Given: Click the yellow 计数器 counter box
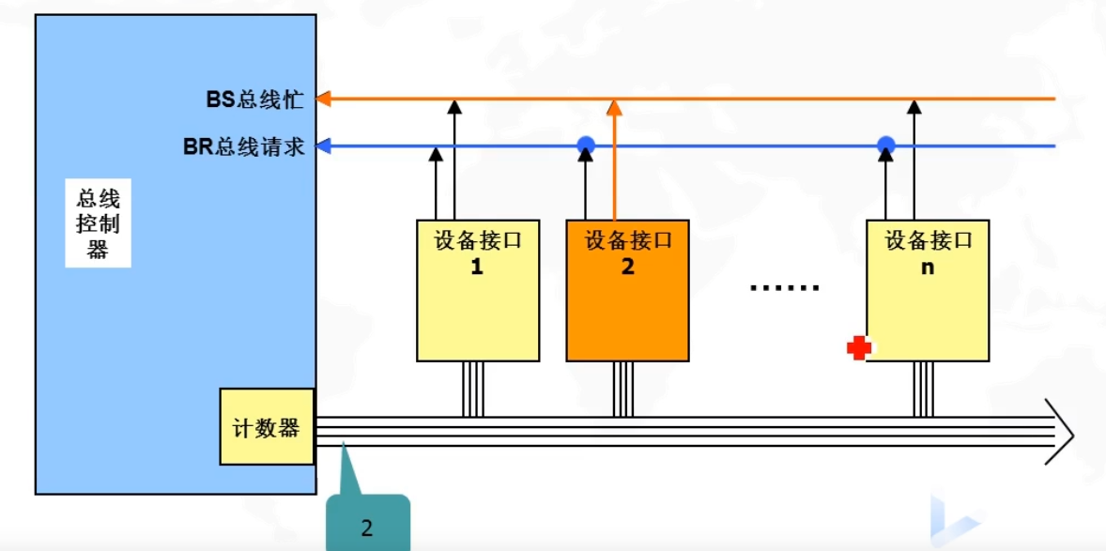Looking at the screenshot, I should click(x=267, y=427).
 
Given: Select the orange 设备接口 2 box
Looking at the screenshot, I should click(x=627, y=290).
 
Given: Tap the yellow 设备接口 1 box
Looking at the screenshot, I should click(x=477, y=290).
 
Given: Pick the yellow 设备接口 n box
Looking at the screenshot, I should click(x=927, y=290).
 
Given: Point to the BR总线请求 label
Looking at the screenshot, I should click(x=244, y=146).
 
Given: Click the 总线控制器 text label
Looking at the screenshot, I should click(x=98, y=224).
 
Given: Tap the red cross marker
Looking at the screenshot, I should click(x=858, y=348).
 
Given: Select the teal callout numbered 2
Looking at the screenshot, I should click(x=367, y=525).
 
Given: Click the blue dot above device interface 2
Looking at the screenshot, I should click(x=586, y=145).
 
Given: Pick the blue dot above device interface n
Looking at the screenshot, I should click(x=885, y=145).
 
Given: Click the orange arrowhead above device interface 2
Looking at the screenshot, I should click(x=614, y=106).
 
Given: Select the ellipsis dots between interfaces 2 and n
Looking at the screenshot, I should click(x=785, y=287).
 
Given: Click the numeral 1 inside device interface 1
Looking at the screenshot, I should click(x=477, y=267).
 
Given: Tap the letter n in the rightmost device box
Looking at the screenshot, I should click(x=928, y=267).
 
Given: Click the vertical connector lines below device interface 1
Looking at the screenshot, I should click(x=473, y=389).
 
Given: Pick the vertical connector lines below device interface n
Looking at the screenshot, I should click(x=924, y=389).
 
